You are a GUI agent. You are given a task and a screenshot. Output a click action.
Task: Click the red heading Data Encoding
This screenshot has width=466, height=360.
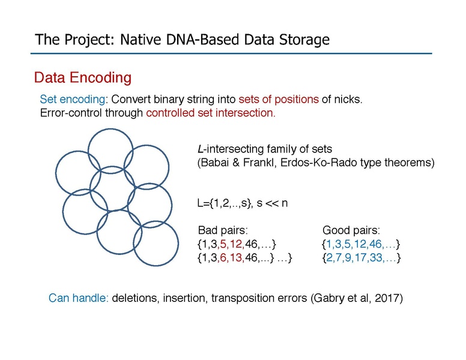coord(82,77)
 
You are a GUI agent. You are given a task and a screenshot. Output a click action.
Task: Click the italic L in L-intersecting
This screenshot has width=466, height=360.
coord(200,149)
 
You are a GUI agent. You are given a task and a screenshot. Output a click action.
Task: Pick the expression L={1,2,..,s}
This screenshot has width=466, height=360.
coord(222,202)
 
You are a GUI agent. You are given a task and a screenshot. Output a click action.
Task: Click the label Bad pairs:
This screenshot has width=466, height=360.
coord(223,230)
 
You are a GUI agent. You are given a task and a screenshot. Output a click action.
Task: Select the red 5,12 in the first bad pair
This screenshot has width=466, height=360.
coord(232,244)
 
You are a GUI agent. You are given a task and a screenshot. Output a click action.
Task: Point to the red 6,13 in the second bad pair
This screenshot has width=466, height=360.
coord(232,257)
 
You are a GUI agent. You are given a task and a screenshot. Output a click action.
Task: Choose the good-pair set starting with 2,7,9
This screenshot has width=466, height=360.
coord(361,257)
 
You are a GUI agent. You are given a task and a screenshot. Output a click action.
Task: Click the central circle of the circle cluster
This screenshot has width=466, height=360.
coord(112,188)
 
